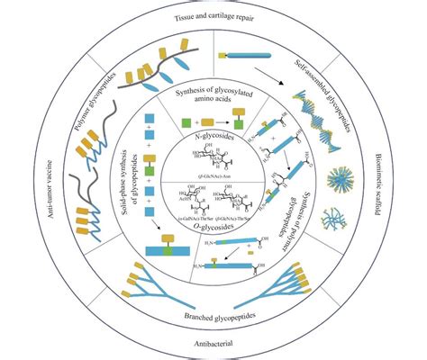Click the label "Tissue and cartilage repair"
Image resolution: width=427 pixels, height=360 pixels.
point(213,17)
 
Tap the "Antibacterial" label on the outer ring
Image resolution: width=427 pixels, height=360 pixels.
point(213,344)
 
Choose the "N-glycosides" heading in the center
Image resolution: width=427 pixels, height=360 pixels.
point(212,135)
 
